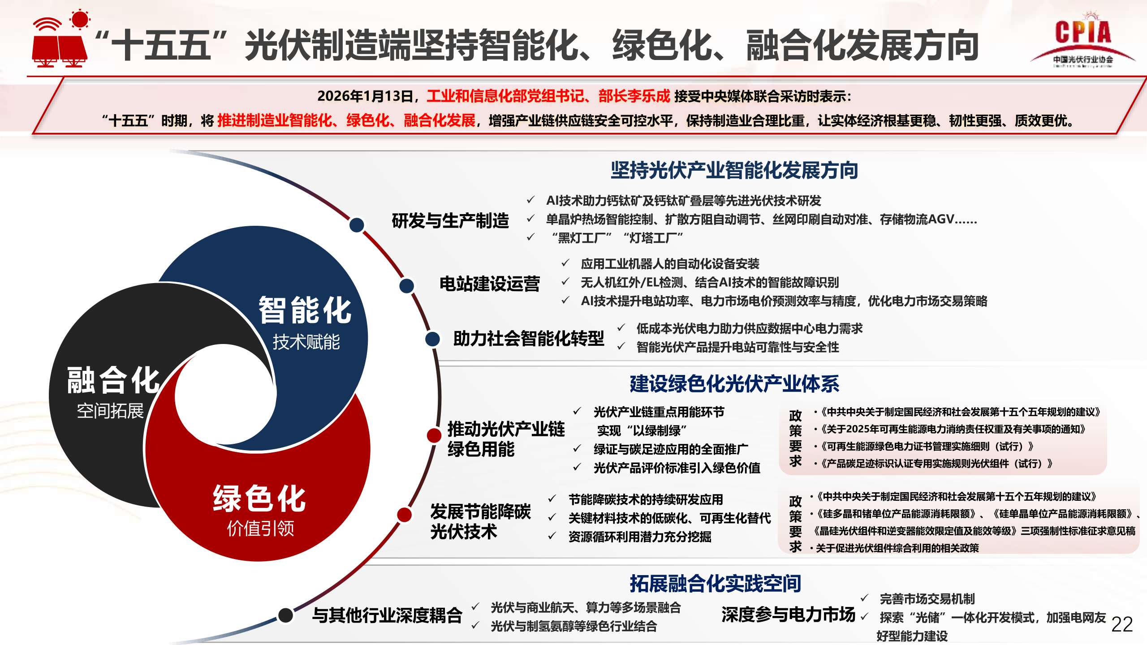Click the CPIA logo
1083,40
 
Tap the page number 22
1122,624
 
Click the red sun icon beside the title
80,20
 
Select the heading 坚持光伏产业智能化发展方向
734,170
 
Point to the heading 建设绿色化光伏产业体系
734,384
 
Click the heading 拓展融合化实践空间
716,584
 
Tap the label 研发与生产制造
450,221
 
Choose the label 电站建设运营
490,284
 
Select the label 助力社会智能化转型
529,339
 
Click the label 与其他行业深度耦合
387,615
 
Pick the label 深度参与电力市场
789,615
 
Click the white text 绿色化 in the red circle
259,499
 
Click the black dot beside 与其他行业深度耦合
285,615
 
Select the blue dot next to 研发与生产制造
357,225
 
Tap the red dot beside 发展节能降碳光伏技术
405,515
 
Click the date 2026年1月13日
365,96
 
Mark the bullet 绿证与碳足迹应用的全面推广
671,449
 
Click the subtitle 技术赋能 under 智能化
306,342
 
